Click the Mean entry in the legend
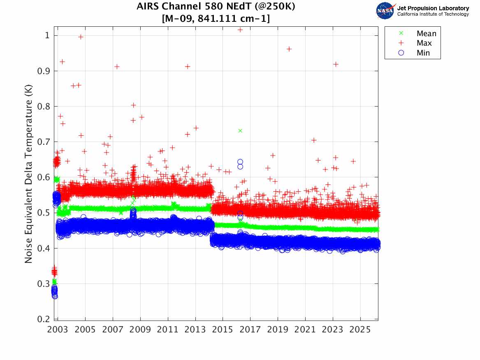tap(426, 34)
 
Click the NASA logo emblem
tap(385, 11)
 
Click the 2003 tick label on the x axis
tap(58, 330)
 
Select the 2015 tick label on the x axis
tap(223, 330)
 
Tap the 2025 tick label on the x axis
tap(360, 330)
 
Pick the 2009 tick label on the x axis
tap(140, 330)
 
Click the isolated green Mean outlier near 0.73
tap(240, 131)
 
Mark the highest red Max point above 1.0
tap(240, 30)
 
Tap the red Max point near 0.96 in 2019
tap(289, 49)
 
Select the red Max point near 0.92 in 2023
tap(336, 64)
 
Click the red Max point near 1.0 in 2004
tap(81, 37)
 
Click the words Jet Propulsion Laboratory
tap(433, 8)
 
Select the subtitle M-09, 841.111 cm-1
tap(216, 19)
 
